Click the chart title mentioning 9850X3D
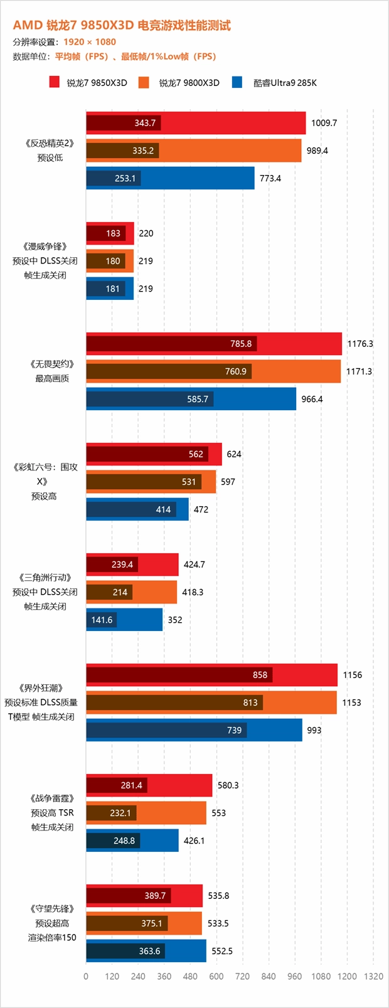point(122,25)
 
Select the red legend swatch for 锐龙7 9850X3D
point(55,82)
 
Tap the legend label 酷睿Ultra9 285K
point(285,83)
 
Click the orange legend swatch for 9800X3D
point(144,82)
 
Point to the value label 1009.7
point(324,123)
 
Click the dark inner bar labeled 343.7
point(124,123)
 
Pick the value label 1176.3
point(360,344)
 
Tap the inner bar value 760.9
point(236,371)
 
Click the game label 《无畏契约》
point(52,364)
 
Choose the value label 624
point(234,454)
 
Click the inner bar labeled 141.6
point(102,620)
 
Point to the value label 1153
point(351,703)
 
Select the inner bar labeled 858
point(179,675)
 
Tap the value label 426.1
point(194,841)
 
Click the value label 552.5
point(222,951)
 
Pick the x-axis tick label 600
point(216,976)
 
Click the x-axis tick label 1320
point(373,976)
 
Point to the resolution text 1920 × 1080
point(90,42)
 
